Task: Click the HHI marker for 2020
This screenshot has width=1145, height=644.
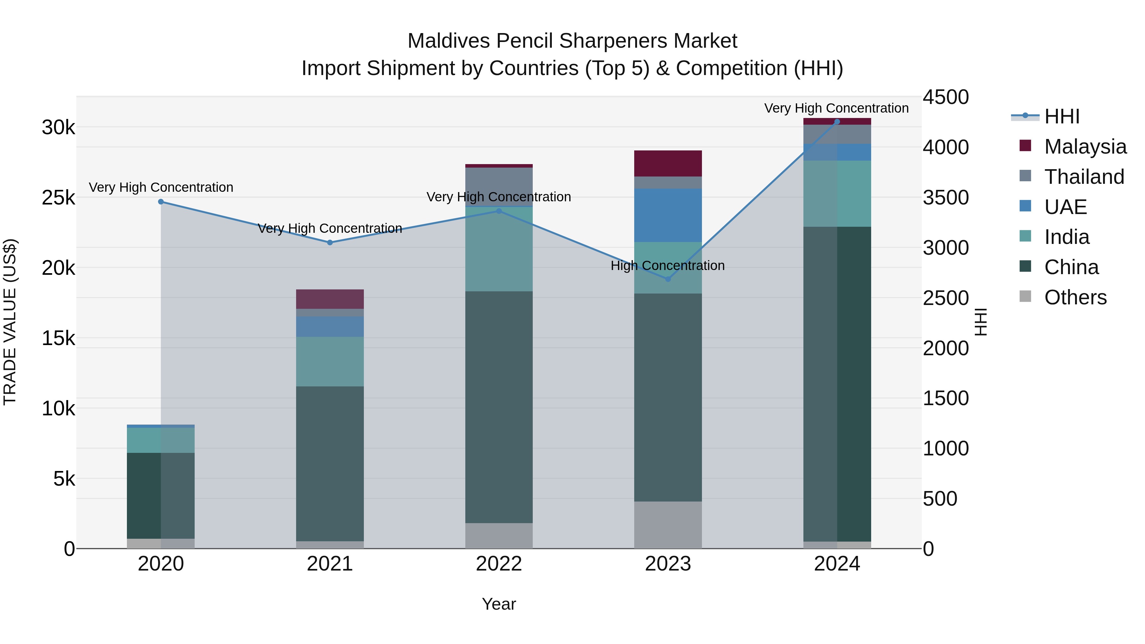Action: point(161,202)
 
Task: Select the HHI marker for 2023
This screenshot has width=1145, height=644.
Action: point(668,279)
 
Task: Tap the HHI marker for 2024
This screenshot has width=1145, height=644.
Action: point(837,122)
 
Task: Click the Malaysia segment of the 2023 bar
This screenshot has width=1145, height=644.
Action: point(668,163)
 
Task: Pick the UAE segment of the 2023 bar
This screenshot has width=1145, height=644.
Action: point(668,215)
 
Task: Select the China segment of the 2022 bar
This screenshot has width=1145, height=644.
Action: point(499,407)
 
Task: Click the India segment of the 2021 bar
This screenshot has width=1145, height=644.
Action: point(330,361)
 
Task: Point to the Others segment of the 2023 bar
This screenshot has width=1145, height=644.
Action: point(668,525)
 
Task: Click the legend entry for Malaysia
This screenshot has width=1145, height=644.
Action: point(1085,147)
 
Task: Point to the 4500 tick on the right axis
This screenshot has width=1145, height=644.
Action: point(946,97)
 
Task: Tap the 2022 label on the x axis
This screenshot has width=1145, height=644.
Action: point(499,564)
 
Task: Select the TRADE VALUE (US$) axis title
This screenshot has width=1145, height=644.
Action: point(10,322)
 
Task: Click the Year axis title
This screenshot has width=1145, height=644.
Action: point(499,604)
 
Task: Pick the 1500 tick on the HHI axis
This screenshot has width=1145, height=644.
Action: point(946,398)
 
